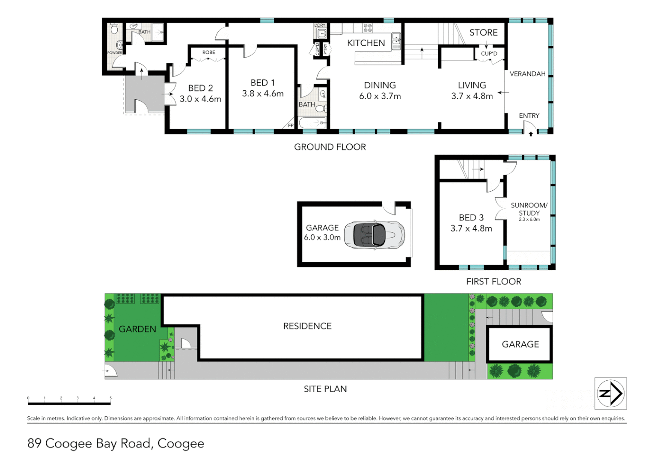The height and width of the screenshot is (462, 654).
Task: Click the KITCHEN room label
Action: click(366, 43)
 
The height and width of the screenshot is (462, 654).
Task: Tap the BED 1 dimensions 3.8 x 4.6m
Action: click(263, 94)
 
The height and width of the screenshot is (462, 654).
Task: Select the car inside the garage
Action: click(375, 234)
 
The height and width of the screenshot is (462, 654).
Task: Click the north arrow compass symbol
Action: click(611, 394)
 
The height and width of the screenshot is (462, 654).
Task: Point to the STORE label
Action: click(483, 33)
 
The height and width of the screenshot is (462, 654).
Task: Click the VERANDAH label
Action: click(527, 74)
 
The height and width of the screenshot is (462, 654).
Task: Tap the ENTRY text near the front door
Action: click(529, 115)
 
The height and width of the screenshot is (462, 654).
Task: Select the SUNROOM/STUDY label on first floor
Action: click(529, 209)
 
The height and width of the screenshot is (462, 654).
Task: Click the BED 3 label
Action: click(471, 217)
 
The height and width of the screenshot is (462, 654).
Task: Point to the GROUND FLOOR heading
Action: click(330, 147)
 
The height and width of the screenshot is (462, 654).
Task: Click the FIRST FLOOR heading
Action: click(493, 281)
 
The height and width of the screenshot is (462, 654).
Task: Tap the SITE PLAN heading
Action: click(325, 389)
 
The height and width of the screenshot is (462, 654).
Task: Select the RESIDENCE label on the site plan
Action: click(307, 326)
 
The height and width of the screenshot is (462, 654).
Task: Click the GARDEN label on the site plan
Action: click(137, 329)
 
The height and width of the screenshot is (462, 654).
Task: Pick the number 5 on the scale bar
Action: click(110, 398)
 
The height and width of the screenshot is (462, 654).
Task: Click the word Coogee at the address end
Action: click(181, 444)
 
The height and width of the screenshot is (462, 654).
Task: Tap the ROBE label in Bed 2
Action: click(209, 52)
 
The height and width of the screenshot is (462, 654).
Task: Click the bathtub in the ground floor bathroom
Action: click(312, 123)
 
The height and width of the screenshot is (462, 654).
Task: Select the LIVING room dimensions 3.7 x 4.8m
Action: click(472, 96)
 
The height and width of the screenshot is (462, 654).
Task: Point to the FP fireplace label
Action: click(291, 125)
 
